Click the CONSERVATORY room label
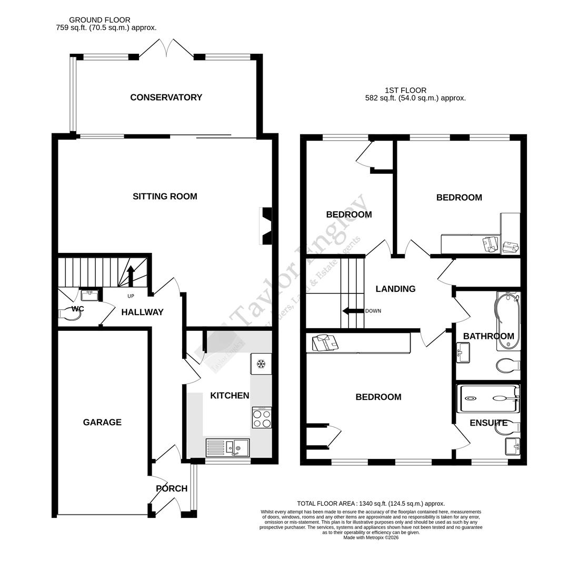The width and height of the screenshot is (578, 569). pyautogui.click(x=166, y=97)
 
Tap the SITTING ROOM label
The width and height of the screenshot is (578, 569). pyautogui.click(x=165, y=197)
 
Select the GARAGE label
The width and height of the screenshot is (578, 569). pyautogui.click(x=102, y=422)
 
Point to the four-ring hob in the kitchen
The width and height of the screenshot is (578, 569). pyautogui.click(x=262, y=418)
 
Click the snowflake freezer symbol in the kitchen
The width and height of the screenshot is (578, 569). pyautogui.click(x=261, y=364)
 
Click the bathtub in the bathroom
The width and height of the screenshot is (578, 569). pyautogui.click(x=506, y=321)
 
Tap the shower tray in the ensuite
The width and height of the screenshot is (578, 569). pyautogui.click(x=489, y=398)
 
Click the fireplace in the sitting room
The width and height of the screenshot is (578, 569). pyautogui.click(x=266, y=226)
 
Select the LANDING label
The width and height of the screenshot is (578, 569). pyautogui.click(x=395, y=289)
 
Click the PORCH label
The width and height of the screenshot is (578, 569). pyautogui.click(x=172, y=488)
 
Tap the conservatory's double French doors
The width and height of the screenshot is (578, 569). pyautogui.click(x=167, y=48)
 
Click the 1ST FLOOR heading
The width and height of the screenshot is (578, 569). pyautogui.click(x=405, y=90)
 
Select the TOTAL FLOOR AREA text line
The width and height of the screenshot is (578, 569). pyautogui.click(x=371, y=504)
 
